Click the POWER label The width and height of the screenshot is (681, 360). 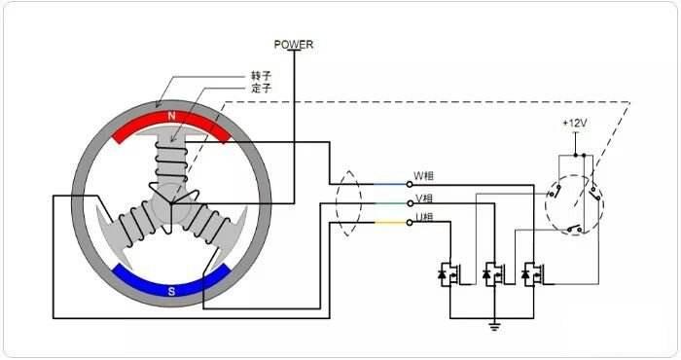[294, 45]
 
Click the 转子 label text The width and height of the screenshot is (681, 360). [261, 76]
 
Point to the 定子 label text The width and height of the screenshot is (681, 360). [261, 89]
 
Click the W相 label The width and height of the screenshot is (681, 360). [423, 176]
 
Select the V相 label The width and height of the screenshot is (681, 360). [424, 198]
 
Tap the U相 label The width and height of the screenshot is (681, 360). [424, 217]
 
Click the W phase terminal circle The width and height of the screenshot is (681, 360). [410, 184]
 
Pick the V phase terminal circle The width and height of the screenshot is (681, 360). [410, 203]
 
